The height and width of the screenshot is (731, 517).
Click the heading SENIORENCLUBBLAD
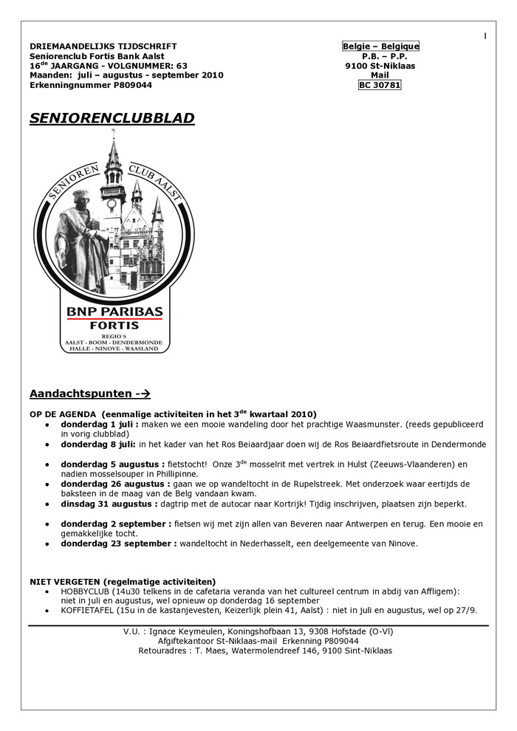(x=112, y=118)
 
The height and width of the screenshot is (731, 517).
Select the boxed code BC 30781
(x=380, y=85)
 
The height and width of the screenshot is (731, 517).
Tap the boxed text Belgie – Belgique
(x=380, y=47)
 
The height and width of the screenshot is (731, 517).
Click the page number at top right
(x=485, y=36)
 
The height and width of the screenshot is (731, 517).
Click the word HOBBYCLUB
(x=83, y=591)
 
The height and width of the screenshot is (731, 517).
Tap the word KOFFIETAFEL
(x=86, y=611)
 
